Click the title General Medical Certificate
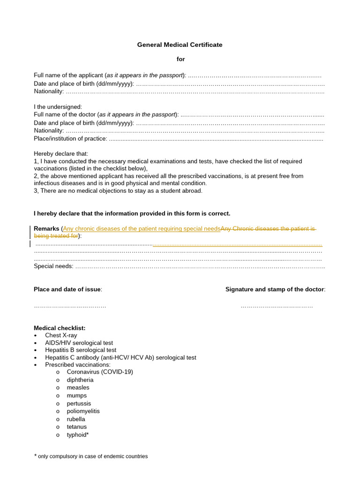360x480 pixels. (180, 45)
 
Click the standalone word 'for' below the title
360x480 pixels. (180, 59)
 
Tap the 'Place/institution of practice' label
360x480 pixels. (70, 139)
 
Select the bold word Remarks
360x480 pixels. (46, 229)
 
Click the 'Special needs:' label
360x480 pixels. (53, 266)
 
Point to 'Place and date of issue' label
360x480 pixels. (67, 289)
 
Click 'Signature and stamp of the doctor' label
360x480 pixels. (275, 289)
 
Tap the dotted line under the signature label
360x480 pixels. (277, 306)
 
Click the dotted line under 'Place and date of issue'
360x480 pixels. (70, 306)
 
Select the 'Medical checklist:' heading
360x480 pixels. (60, 328)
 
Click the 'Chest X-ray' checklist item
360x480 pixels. (61, 336)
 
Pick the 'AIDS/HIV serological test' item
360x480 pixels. (79, 343)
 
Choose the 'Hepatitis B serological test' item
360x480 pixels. (81, 350)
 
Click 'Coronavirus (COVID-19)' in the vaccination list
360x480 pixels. (100, 372)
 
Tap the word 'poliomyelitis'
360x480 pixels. (83, 412)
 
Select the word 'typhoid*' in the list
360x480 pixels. (78, 435)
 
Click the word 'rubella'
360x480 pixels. (76, 420)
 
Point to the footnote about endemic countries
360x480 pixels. (92, 456)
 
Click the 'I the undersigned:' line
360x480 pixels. (58, 107)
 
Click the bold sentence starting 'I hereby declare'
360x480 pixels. (132, 214)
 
